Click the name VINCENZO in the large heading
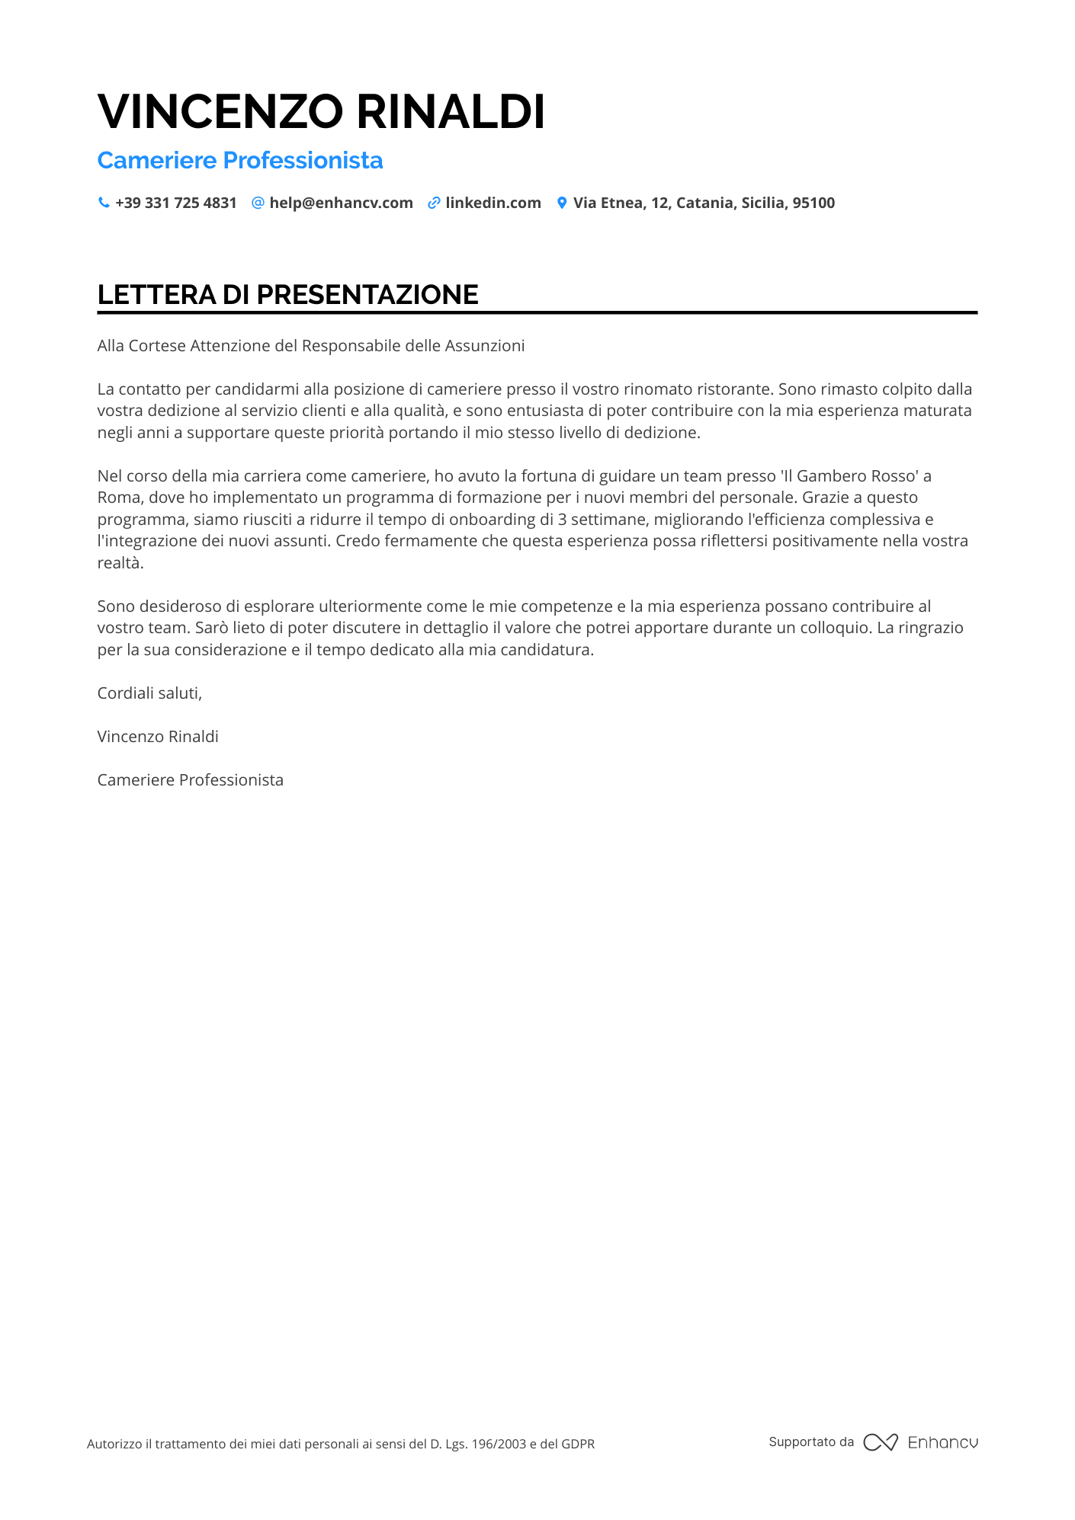220,112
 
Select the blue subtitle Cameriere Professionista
240,161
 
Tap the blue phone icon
104,203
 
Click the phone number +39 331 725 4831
176,203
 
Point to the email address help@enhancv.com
341,203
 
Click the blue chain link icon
434,203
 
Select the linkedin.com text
493,203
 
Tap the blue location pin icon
562,203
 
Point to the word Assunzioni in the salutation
485,346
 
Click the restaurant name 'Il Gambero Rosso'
849,476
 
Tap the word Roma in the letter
118,498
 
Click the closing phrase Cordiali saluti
149,693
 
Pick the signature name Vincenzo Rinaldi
158,737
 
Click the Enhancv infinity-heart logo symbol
880,1442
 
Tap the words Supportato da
811,1442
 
